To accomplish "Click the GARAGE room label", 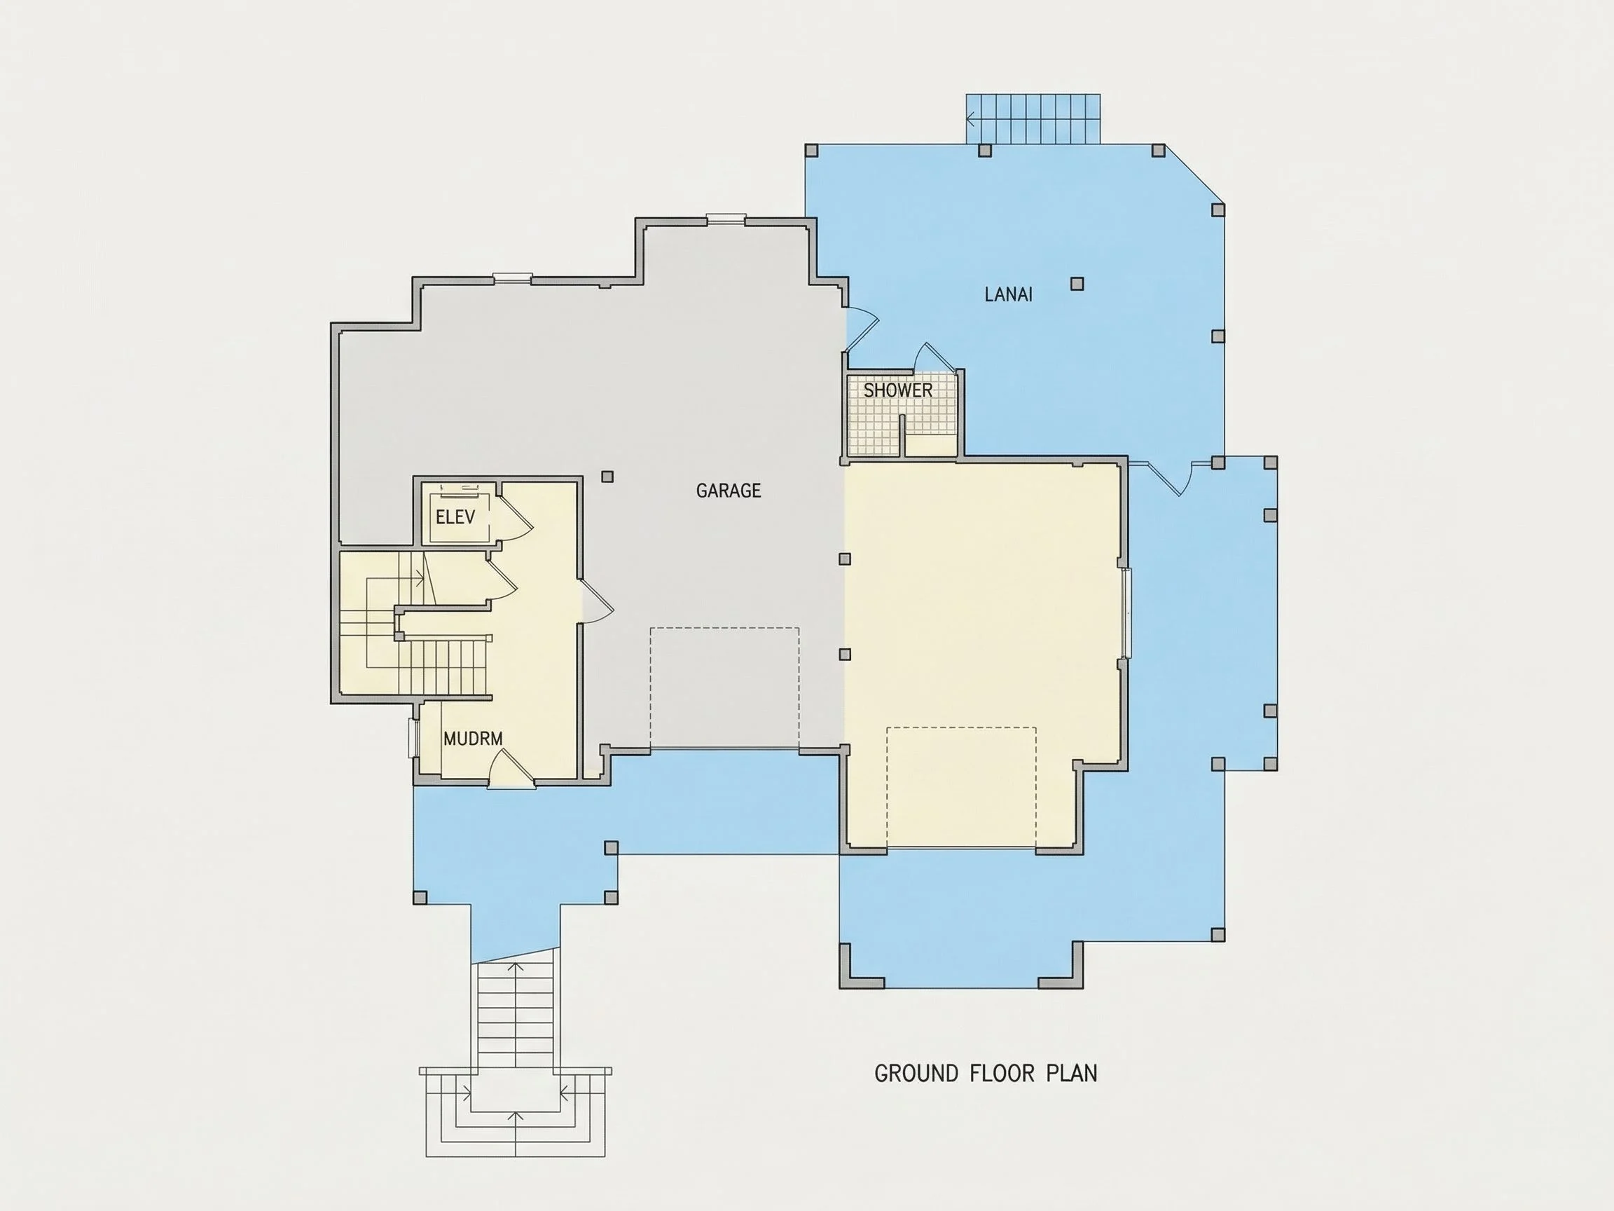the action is [729, 491].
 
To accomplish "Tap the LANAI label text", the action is [1008, 294].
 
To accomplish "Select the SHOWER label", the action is [897, 390].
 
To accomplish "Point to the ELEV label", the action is [455, 517].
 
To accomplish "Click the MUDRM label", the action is [473, 739].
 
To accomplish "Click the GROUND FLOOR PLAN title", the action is [986, 1073].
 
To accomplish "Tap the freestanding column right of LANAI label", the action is [1077, 284].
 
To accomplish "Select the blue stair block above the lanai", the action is [1033, 119].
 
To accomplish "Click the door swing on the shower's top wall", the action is [934, 358].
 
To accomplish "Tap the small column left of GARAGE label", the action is [607, 477].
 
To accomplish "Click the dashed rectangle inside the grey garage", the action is [724, 688].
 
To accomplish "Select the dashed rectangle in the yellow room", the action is [962, 788].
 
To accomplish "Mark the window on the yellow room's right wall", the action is [1128, 613].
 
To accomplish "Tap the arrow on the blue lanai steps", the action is [972, 118].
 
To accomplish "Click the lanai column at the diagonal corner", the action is [1217, 210].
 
